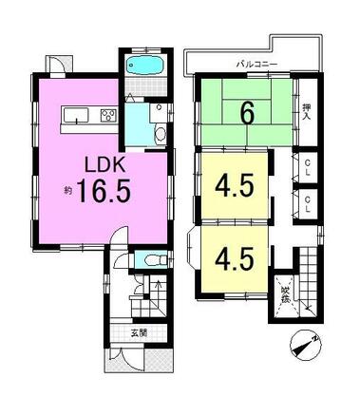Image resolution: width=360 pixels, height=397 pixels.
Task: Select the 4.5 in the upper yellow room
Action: point(234,183)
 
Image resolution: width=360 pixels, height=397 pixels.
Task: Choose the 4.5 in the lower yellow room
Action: point(234,258)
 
